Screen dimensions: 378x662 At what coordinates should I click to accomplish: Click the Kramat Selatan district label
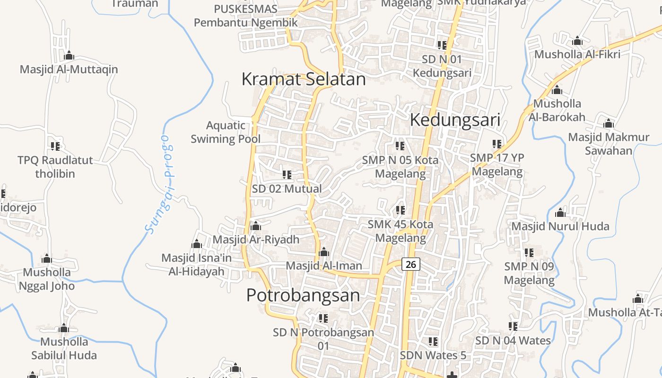pyautogui.click(x=304, y=79)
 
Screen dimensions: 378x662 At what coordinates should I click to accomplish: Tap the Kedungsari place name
pyautogui.click(x=455, y=120)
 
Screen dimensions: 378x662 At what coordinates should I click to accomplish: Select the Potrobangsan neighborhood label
pyautogui.click(x=303, y=295)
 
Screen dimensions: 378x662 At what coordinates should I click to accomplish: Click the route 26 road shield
pyautogui.click(x=411, y=264)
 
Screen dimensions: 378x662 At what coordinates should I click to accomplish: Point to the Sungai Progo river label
pyautogui.click(x=159, y=184)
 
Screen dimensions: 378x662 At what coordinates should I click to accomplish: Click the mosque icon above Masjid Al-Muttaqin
pyautogui.click(x=69, y=56)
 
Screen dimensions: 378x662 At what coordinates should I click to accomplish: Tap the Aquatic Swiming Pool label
pyautogui.click(x=226, y=132)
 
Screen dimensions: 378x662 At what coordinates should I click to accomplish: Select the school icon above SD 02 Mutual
pyautogui.click(x=287, y=175)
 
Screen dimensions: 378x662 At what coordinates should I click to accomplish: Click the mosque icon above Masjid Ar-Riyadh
pyautogui.click(x=256, y=226)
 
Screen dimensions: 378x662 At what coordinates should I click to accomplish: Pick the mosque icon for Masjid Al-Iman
pyautogui.click(x=324, y=252)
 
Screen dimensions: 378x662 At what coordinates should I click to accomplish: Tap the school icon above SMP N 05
pyautogui.click(x=400, y=146)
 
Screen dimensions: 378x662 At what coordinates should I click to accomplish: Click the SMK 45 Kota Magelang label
pyautogui.click(x=401, y=231)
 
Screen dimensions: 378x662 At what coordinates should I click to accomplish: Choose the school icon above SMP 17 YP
pyautogui.click(x=496, y=144)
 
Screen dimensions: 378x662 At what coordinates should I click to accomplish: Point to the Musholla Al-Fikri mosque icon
pyautogui.click(x=577, y=41)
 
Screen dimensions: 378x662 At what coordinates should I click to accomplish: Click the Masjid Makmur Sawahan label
pyautogui.click(x=609, y=144)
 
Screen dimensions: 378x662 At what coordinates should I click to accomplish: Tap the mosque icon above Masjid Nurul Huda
pyautogui.click(x=560, y=213)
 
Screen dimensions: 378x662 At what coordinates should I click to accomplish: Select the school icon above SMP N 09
pyautogui.click(x=529, y=253)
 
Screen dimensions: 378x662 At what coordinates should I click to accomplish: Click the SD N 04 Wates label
pyautogui.click(x=513, y=340)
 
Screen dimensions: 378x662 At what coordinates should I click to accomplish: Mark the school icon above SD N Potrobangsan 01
pyautogui.click(x=323, y=318)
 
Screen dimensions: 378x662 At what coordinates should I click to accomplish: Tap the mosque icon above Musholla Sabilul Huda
pyautogui.click(x=64, y=328)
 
